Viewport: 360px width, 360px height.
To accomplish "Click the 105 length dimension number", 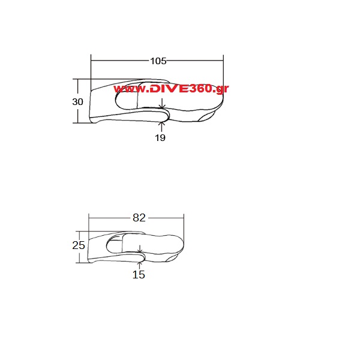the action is (x=158, y=61).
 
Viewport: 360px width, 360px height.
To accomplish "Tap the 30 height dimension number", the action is (x=77, y=102).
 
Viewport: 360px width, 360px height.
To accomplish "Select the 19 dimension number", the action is (x=160, y=138).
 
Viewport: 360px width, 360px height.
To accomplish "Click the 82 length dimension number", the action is (x=139, y=218).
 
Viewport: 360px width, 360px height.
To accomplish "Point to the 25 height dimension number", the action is (x=79, y=245).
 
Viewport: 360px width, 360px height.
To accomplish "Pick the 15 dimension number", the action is (x=139, y=274).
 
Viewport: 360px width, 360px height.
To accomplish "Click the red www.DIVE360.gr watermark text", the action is (x=171, y=89).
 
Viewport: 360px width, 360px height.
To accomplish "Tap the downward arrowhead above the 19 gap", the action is (x=162, y=106).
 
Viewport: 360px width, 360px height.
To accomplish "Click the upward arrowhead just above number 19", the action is (x=162, y=124).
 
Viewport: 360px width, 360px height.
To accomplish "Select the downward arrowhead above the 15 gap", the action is (x=140, y=251).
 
